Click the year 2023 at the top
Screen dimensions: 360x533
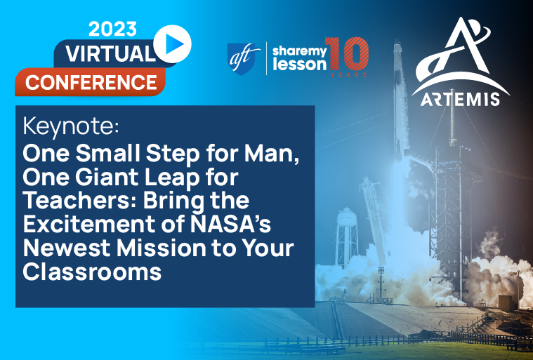112,29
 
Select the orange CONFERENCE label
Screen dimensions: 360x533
91,82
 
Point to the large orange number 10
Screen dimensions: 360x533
348,54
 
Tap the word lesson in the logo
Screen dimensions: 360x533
298,65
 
